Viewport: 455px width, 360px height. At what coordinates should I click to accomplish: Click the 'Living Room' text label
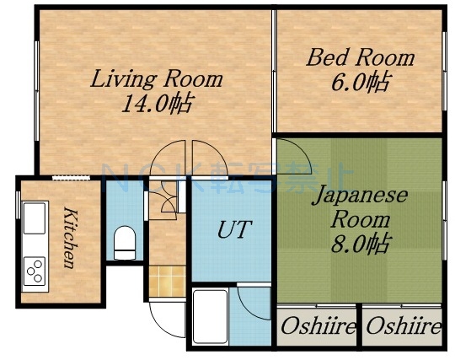156,80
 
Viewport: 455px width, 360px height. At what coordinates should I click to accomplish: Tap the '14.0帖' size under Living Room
156,104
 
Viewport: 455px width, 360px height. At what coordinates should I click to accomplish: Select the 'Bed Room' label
360,58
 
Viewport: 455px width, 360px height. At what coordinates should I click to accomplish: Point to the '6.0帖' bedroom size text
360,83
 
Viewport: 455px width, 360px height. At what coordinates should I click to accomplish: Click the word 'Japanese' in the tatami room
361,196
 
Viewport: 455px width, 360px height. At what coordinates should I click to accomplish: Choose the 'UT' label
231,229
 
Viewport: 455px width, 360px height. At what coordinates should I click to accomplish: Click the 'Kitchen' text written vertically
71,236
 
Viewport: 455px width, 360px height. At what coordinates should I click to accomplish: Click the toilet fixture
125,240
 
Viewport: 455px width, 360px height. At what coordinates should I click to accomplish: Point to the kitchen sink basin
35,220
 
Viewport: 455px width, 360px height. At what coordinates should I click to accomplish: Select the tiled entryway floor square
166,279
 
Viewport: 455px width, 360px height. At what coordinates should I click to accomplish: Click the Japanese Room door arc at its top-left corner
292,154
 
